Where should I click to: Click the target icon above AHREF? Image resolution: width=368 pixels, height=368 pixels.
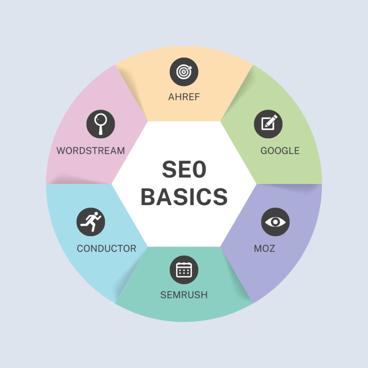184,72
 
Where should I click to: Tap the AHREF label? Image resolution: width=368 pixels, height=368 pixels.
184,97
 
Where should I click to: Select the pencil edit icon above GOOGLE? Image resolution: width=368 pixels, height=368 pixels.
268,124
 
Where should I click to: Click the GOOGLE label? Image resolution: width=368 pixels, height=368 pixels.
280,151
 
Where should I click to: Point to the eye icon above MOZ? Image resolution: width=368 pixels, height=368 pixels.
275,222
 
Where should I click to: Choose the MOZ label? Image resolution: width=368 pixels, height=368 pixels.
264,249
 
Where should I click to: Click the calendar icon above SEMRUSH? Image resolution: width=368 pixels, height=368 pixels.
184,270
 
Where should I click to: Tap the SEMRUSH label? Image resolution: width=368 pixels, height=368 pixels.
184,295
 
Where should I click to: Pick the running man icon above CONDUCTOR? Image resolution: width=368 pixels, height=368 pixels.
91,222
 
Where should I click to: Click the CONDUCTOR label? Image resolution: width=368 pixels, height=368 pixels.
106,249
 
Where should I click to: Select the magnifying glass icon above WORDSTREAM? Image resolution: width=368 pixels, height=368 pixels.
101,124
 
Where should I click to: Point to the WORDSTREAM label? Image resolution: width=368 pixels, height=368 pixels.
91,151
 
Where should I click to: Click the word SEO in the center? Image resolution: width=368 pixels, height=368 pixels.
184,169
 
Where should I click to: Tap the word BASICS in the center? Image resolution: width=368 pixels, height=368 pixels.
184,197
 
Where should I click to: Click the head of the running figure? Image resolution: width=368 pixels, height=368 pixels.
96,214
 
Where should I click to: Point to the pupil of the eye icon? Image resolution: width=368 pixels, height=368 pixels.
275,222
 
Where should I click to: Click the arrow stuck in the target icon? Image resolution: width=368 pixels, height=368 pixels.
188,69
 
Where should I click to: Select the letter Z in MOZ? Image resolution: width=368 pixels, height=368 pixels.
272,249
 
